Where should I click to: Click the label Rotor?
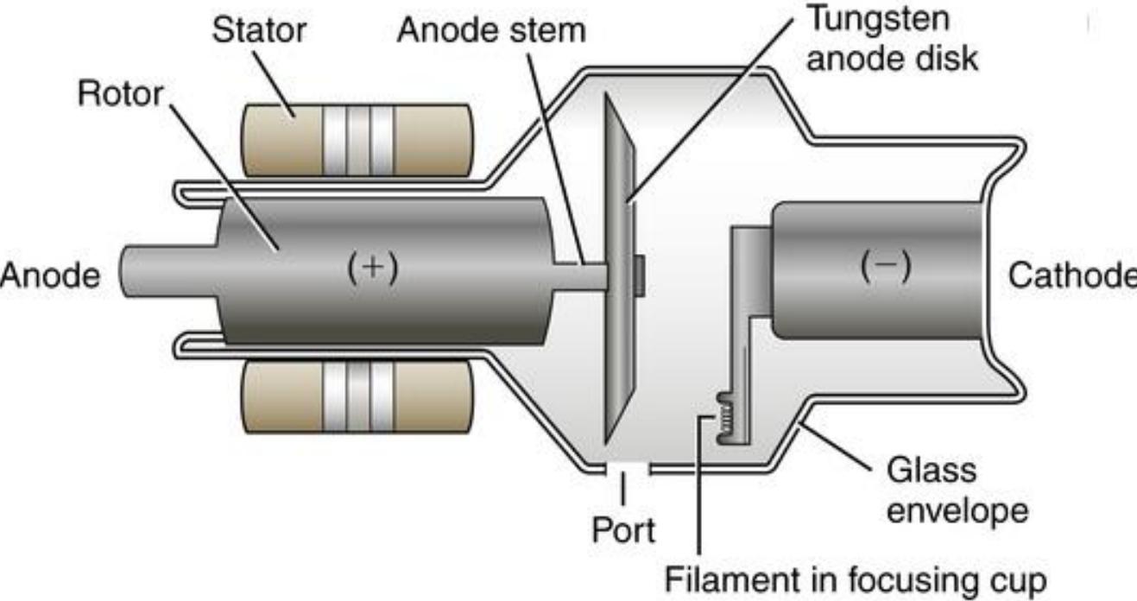click(x=120, y=93)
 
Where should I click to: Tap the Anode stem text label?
click(x=490, y=30)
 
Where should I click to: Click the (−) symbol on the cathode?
click(x=888, y=267)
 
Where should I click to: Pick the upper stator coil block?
click(x=357, y=139)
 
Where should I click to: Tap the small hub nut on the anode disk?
click(x=640, y=274)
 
